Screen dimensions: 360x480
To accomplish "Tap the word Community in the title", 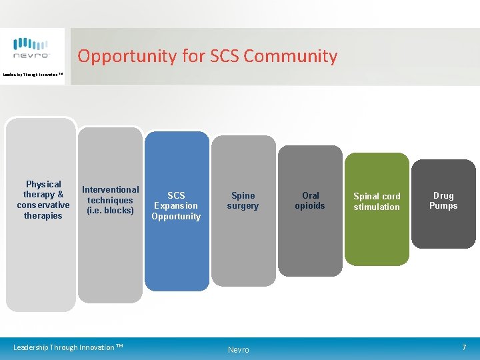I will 291,56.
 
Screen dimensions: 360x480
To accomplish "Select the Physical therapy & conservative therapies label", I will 43,200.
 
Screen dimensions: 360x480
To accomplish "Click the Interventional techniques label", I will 110,200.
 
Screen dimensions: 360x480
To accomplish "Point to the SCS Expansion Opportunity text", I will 176,206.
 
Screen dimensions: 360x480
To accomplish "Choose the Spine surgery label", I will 243,201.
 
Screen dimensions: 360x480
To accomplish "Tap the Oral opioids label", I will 310,201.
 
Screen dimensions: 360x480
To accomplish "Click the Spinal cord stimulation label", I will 377,201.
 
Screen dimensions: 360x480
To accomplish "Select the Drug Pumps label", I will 443,201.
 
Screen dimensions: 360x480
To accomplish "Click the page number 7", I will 465,347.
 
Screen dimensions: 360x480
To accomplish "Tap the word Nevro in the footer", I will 238,350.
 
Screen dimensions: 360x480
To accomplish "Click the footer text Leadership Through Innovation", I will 68,347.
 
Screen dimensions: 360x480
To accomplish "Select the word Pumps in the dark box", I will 443,206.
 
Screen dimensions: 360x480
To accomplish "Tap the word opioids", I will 310,206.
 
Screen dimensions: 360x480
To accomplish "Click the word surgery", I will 243,206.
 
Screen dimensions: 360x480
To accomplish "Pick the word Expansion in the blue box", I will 176,206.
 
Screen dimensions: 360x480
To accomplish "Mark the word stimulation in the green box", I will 377,207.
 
